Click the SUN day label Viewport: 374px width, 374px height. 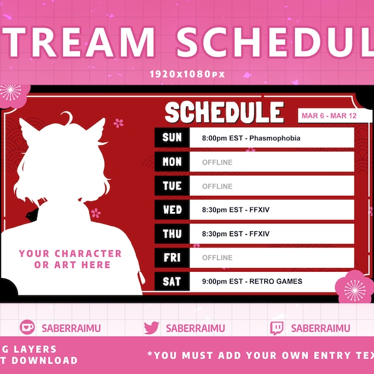click(172, 138)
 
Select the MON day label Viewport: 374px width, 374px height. click(172, 162)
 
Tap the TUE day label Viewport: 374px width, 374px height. click(172, 186)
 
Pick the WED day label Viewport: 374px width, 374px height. click(172, 210)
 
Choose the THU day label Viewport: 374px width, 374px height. click(172, 234)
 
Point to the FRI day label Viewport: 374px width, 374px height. click(172, 257)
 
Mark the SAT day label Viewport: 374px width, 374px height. click(172, 281)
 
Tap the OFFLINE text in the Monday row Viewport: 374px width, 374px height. click(217, 163)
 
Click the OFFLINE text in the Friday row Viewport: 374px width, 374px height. click(217, 258)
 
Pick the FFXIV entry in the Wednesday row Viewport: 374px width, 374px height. click(236, 210)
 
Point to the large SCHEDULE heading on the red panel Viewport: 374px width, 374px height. click(224, 113)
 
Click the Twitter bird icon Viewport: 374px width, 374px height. click(151, 328)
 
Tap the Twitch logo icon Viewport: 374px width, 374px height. click(277, 328)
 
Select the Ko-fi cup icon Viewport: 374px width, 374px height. click(27, 328)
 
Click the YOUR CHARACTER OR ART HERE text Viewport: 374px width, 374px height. click(70, 259)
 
